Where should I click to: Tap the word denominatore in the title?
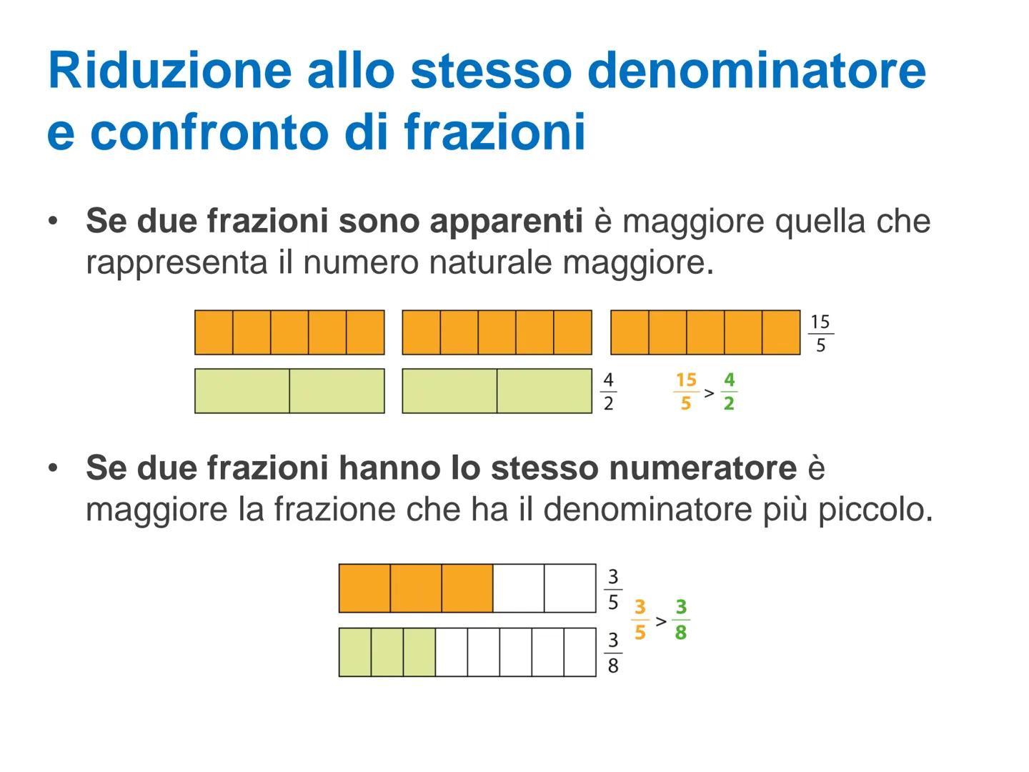757,70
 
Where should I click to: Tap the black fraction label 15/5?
820,333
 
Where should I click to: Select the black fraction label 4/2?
608,392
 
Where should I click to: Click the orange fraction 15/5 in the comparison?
686,392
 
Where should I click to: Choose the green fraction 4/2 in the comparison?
729,392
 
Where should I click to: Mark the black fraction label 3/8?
613,653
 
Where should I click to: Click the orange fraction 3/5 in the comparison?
640,619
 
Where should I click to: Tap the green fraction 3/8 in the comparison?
681,619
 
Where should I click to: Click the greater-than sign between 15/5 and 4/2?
708,392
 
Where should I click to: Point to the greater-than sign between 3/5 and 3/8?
661,621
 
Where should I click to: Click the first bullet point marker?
52,221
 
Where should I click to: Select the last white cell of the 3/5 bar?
570,588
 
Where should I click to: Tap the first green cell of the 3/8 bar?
355,652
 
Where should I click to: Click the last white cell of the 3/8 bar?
580,652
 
